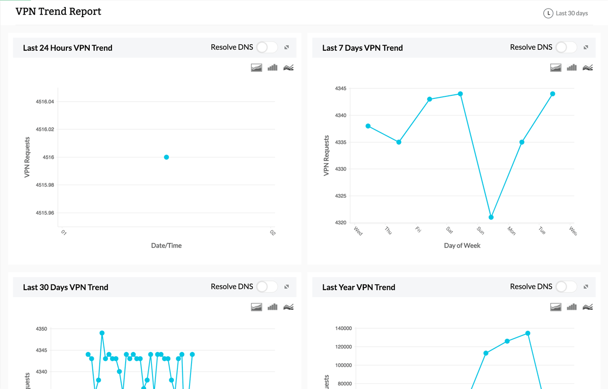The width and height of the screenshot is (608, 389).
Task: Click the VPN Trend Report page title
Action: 58,12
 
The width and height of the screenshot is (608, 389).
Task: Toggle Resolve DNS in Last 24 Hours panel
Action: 267,47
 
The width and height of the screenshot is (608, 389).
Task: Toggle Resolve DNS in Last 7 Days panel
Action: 566,47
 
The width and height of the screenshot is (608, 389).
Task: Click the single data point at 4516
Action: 166,157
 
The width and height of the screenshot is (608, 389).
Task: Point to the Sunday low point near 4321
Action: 491,217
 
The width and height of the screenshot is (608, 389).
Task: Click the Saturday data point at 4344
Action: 461,94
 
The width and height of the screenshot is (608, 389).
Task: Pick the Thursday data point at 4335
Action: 399,142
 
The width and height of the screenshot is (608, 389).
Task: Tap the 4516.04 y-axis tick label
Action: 45,102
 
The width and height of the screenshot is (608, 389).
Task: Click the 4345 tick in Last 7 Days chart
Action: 340,89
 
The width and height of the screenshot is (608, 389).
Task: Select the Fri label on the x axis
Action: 419,230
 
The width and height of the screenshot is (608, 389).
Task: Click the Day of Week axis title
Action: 462,245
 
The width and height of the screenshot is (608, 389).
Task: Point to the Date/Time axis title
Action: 166,245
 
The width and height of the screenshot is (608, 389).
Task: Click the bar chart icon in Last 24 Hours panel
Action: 273,67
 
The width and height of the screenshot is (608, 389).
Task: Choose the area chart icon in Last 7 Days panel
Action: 556,67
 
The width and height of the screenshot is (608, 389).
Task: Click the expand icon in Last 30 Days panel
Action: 286,287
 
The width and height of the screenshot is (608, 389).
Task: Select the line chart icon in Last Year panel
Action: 588,307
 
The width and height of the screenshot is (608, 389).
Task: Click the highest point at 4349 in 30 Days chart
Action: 102,333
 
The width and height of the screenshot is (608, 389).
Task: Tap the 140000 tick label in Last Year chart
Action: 344,329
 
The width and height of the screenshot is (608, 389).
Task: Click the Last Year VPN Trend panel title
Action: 359,287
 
